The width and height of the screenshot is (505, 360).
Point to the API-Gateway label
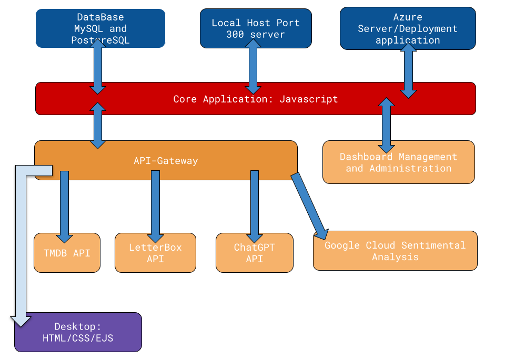(166, 161)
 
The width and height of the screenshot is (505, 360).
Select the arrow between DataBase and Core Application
(98, 67)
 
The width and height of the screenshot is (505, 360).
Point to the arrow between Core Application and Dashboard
(386, 125)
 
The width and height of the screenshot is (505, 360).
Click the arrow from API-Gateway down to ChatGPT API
(255, 205)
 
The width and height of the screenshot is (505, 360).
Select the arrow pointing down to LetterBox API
(155, 205)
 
